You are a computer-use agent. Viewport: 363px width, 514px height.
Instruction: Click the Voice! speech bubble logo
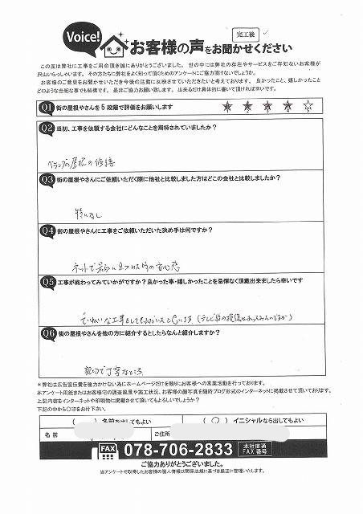coord(83,38)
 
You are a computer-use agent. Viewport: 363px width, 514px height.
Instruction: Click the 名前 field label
coord(52,434)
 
